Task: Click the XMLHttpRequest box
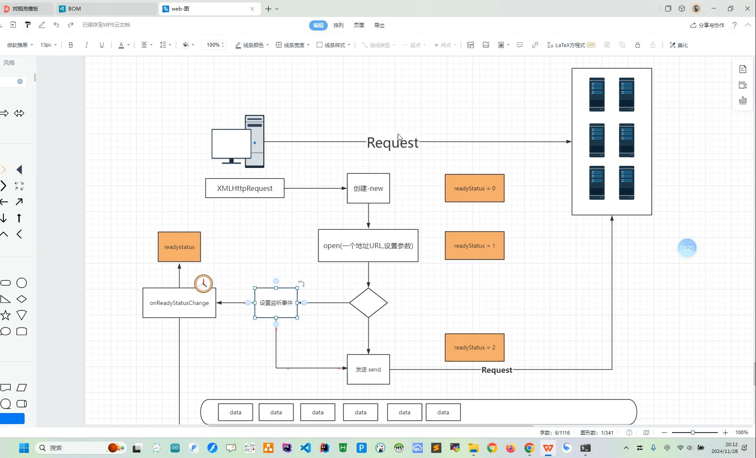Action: (245, 188)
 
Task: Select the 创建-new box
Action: (368, 188)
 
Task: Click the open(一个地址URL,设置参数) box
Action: (368, 246)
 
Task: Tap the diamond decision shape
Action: (368, 303)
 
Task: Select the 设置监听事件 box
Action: (276, 303)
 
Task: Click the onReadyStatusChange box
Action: (179, 303)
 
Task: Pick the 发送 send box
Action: (368, 369)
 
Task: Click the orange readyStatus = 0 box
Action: (474, 188)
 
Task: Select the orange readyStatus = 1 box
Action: (474, 246)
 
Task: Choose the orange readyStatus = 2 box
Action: (474, 347)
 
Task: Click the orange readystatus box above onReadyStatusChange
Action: (179, 247)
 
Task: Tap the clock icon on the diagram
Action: (204, 284)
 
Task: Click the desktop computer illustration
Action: (238, 142)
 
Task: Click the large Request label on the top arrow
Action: (393, 142)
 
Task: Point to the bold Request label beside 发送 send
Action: (497, 370)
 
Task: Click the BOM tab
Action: (75, 8)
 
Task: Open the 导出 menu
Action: (379, 25)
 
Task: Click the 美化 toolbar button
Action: (679, 45)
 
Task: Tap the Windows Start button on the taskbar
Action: (24, 448)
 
